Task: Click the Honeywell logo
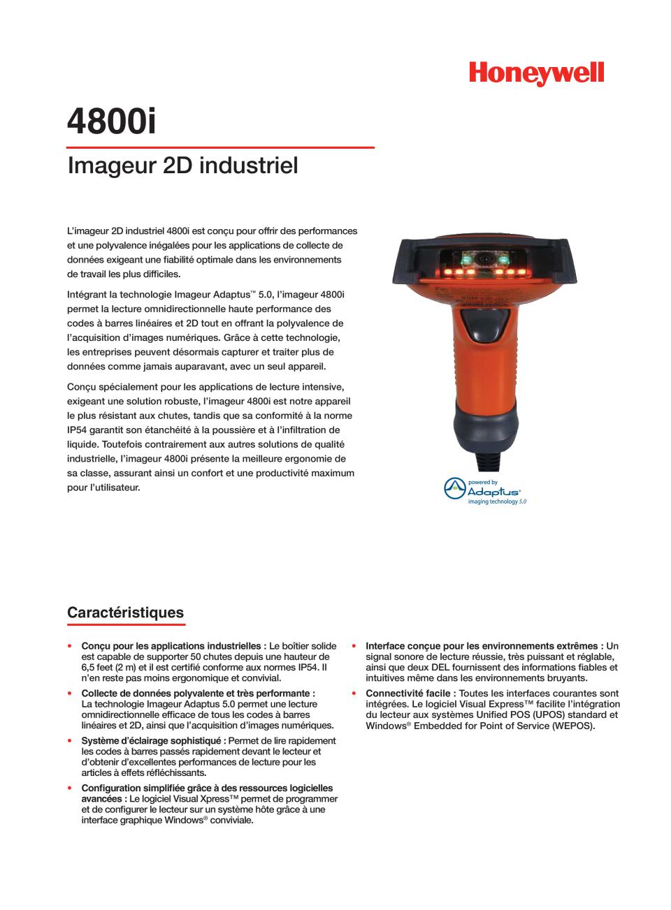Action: point(536,74)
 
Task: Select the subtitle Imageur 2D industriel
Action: point(182,166)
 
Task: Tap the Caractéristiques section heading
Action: point(125,612)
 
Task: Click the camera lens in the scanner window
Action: point(484,259)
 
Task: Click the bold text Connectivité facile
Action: point(410,693)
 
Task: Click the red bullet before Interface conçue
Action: point(354,646)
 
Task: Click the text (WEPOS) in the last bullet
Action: point(572,726)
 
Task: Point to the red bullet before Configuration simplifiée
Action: point(70,788)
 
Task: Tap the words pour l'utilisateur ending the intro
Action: point(103,487)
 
